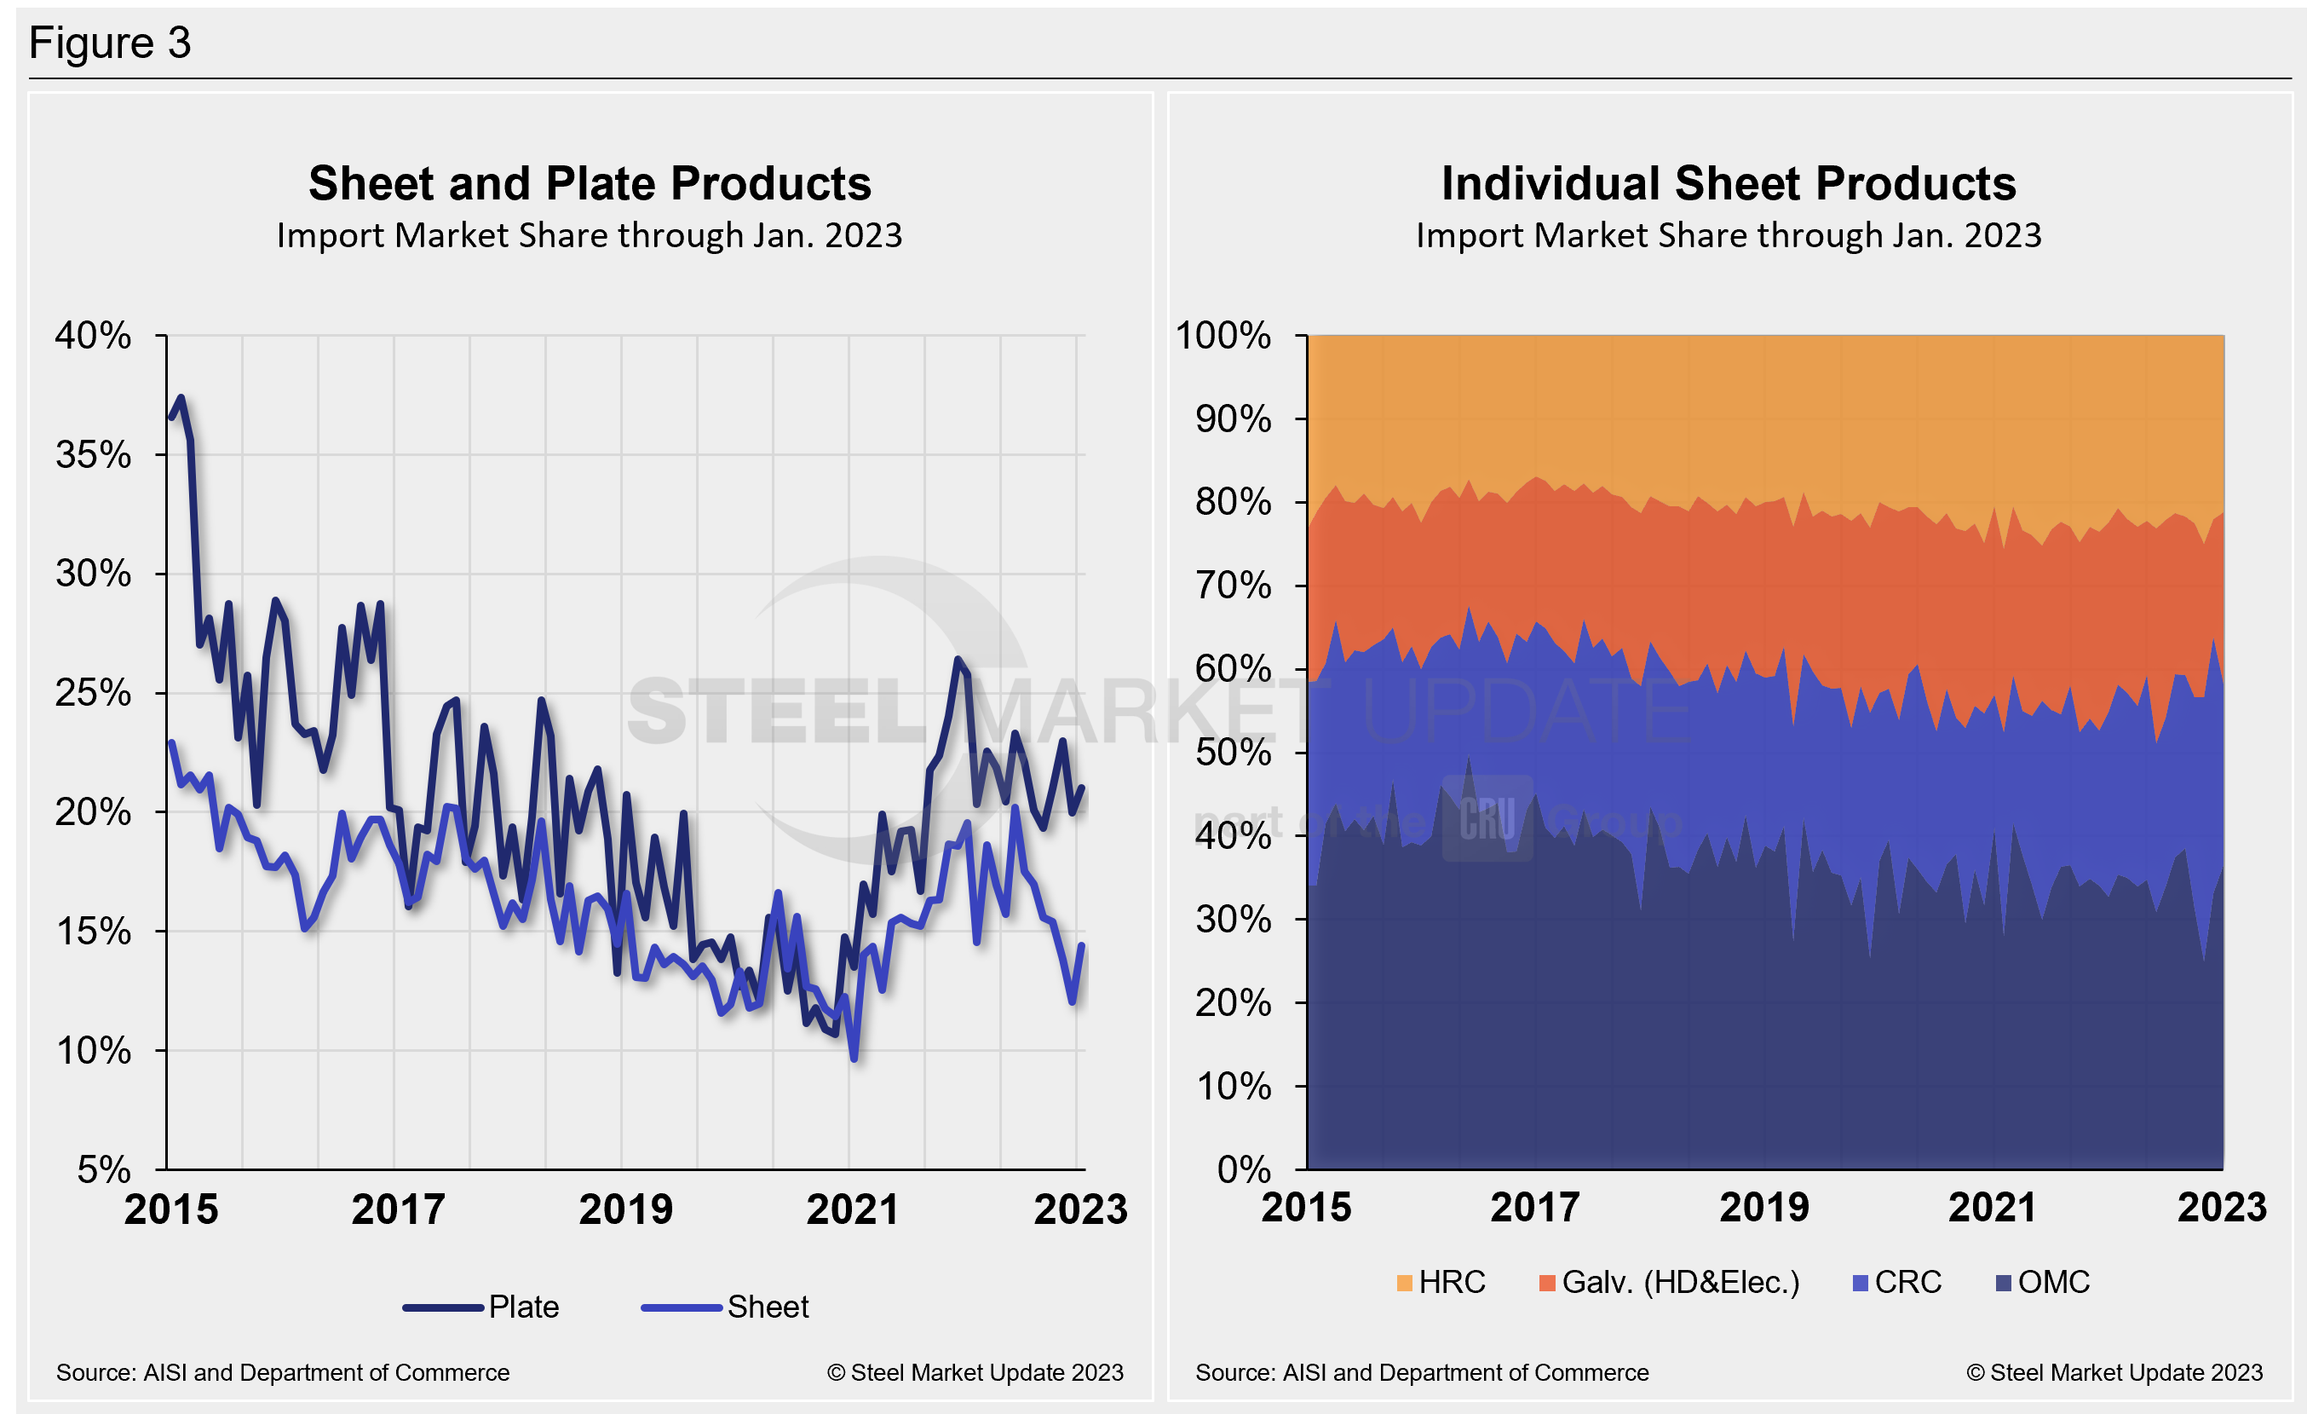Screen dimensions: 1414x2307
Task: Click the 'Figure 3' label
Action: pos(110,43)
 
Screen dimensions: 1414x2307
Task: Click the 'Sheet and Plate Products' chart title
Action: pos(590,183)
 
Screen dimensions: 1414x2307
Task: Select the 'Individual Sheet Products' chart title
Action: pos(1728,183)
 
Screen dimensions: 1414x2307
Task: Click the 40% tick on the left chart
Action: pos(94,335)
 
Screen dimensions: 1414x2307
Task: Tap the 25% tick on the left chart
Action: pos(94,693)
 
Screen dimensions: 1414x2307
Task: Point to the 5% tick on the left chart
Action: pos(104,1169)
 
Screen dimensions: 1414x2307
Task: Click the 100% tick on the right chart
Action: pos(1223,335)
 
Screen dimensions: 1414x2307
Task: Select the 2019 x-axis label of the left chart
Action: pos(625,1209)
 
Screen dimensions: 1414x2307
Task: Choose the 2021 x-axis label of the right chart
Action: pos(1993,1207)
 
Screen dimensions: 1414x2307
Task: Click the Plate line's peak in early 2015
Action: pos(181,399)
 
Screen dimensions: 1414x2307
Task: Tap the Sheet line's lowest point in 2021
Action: pos(854,1059)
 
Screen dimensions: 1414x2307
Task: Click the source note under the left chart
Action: pos(283,1373)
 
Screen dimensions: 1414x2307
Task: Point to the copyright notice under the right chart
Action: pos(2114,1373)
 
